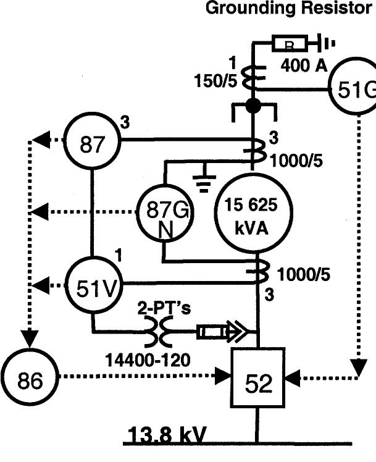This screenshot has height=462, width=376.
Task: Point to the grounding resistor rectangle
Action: (289, 44)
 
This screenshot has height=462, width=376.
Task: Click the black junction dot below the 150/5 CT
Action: (253, 106)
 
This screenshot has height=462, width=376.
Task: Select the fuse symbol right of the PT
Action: (210, 334)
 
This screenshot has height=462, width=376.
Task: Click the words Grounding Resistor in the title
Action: (290, 9)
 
